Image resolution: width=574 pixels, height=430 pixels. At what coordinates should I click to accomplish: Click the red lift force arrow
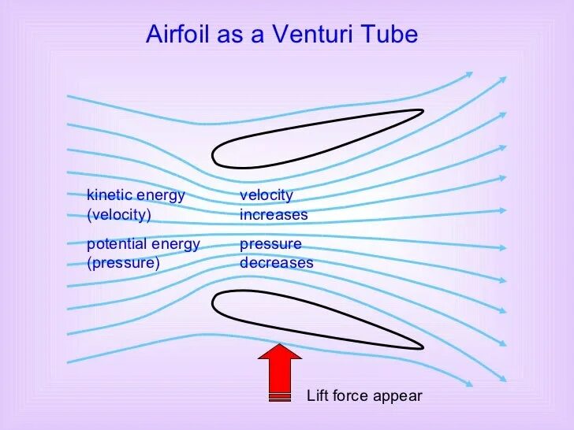[280, 370]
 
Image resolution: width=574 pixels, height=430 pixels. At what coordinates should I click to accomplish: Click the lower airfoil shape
[315, 319]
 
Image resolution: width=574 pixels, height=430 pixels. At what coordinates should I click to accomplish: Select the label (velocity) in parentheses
[118, 214]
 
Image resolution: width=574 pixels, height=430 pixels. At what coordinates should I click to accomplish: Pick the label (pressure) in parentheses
[123, 263]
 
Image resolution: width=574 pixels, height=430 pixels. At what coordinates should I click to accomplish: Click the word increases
[274, 214]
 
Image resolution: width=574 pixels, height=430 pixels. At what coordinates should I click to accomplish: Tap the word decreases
[276, 263]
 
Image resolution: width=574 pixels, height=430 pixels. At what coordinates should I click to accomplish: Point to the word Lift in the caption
[317, 396]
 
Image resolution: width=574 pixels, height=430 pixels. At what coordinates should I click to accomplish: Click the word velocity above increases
[266, 195]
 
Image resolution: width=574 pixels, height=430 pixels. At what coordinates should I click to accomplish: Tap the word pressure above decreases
[270, 244]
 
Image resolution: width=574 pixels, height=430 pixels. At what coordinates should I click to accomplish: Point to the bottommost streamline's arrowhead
[468, 384]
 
